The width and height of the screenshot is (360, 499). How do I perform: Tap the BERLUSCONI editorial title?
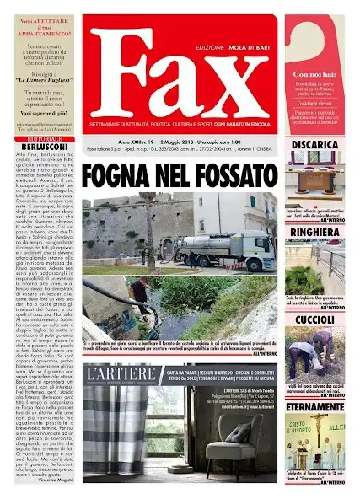tap(40, 145)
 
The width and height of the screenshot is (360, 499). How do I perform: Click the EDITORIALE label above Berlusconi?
tap(40, 137)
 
